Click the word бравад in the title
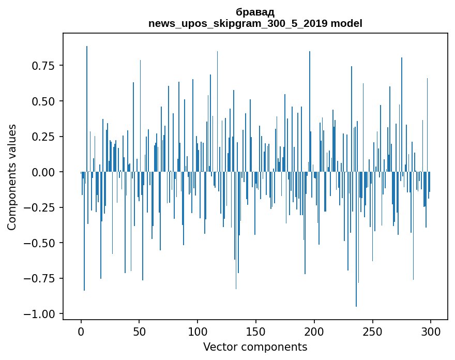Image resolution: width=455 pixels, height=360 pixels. coord(255,12)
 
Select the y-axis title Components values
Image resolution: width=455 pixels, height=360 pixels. coord(12,177)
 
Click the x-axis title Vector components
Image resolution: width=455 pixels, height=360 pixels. coord(255,347)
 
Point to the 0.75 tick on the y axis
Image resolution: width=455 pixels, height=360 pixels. coord(43,66)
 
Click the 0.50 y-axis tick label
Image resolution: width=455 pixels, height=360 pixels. coord(43,101)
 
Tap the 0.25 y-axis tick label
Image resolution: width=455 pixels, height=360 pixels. coord(43,137)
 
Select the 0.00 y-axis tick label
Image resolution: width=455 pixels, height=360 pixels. coord(43,172)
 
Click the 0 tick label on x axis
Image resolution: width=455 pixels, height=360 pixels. coord(81,332)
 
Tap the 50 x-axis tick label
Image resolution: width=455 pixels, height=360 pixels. coord(139,332)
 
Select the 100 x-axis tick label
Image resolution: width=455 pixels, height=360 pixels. coord(198,332)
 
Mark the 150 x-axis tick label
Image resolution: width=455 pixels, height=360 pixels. coord(256,332)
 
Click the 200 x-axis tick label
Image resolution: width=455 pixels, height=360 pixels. coord(314,332)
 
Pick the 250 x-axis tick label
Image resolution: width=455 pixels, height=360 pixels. coord(372,332)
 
